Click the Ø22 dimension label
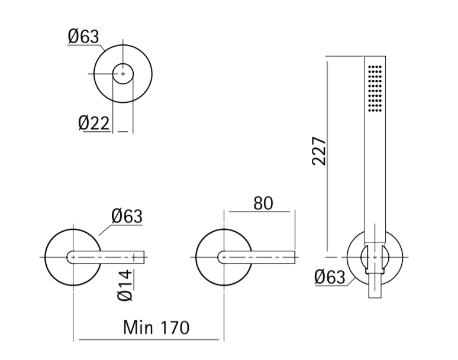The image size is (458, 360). pos(93,123)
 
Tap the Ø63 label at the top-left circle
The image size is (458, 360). pos(83,37)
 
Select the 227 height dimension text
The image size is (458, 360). pos(319,151)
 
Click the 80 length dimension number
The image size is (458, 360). pos(263,203)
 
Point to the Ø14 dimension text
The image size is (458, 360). pos(125,286)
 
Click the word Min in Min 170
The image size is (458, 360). pos(138,327)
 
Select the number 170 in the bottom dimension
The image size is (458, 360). pos(175,327)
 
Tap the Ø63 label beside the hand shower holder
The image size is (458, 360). pos(330,277)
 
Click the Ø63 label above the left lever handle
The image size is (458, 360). pos(127,216)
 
